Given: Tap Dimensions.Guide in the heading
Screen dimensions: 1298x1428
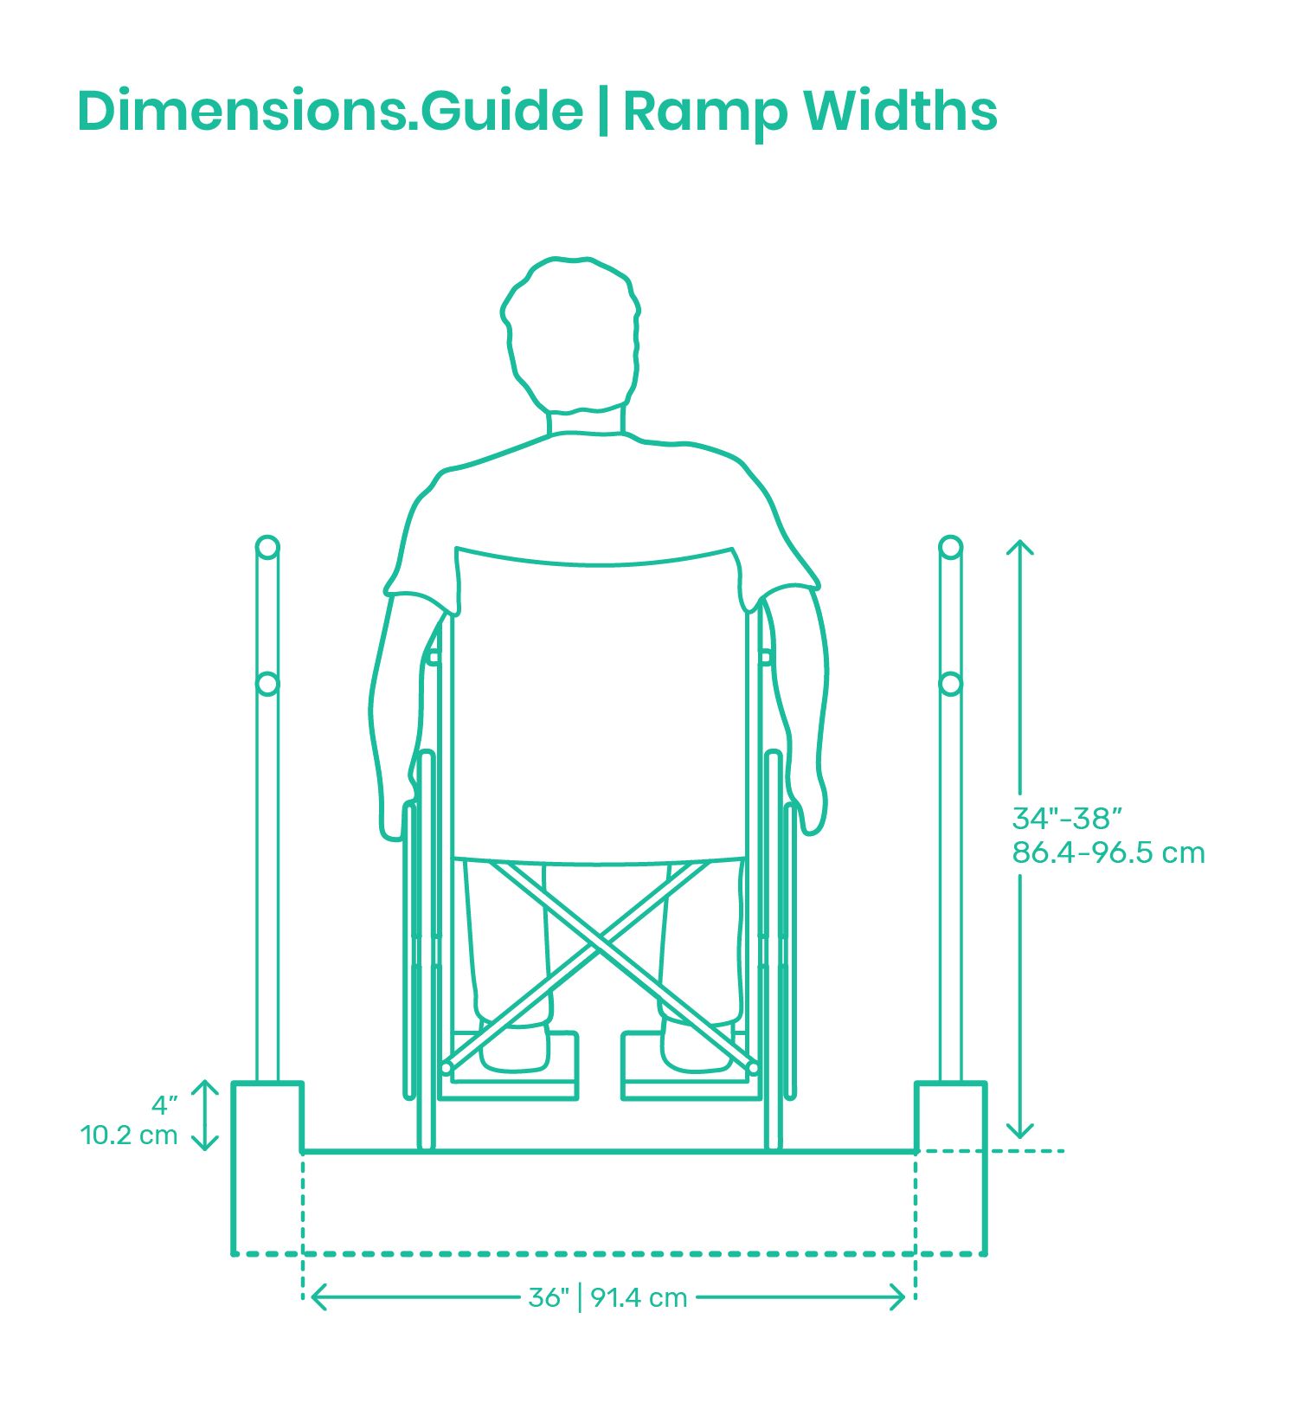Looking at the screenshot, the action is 330,110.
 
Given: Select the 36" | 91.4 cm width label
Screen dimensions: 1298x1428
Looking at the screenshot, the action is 607,1297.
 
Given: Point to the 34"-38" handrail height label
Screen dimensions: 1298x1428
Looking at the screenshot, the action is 1067,818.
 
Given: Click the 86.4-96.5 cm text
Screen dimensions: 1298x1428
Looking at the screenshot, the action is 1108,852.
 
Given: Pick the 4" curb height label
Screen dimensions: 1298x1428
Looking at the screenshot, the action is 164,1104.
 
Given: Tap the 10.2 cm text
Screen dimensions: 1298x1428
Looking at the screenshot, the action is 129,1135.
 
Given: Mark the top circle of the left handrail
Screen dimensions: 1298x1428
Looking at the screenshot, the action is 267,547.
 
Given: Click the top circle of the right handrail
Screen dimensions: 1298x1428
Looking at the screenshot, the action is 950,547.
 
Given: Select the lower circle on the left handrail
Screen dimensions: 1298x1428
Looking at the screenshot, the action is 267,684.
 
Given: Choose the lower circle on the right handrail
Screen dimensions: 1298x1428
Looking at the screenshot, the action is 950,684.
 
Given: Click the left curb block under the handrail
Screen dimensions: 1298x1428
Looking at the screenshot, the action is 267,1116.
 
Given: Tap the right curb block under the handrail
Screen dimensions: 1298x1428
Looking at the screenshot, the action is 951,1116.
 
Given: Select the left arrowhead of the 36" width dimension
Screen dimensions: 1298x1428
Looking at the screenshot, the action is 318,1297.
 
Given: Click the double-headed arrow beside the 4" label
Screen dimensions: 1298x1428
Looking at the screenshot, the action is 204,1116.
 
